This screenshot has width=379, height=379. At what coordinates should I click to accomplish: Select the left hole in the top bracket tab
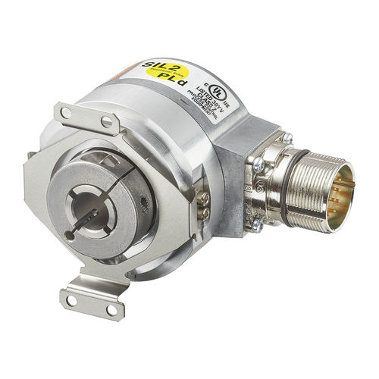point(67,113)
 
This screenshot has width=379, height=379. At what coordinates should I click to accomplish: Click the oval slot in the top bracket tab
point(107,120)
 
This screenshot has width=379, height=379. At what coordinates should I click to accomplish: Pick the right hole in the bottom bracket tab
point(111,309)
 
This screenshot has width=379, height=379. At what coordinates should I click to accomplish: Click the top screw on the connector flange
point(288,138)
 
